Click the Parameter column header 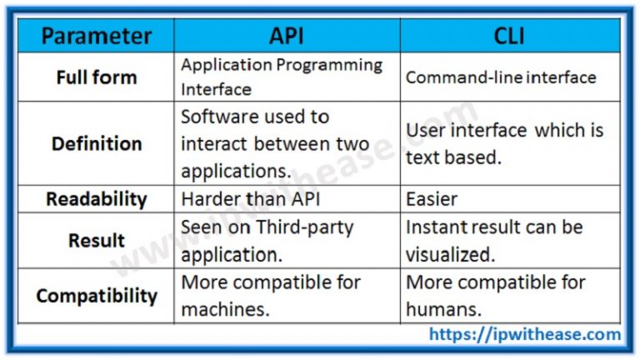pyautogui.click(x=96, y=36)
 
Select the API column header pyautogui.click(x=287, y=36)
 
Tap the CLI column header pyautogui.click(x=509, y=36)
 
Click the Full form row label pyautogui.click(x=96, y=77)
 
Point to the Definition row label pyautogui.click(x=96, y=143)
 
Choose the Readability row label pyautogui.click(x=96, y=199)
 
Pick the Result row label pyautogui.click(x=96, y=240)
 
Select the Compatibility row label pyautogui.click(x=96, y=296)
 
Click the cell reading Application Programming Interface pyautogui.click(x=282, y=77)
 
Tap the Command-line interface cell pyautogui.click(x=501, y=77)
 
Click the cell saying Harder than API pyautogui.click(x=241, y=199)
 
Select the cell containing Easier pyautogui.click(x=432, y=199)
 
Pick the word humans pyautogui.click(x=442, y=309)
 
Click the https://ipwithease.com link pyautogui.click(x=525, y=335)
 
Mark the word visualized pyautogui.click(x=451, y=254)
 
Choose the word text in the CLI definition pyautogui.click(x=422, y=157)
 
